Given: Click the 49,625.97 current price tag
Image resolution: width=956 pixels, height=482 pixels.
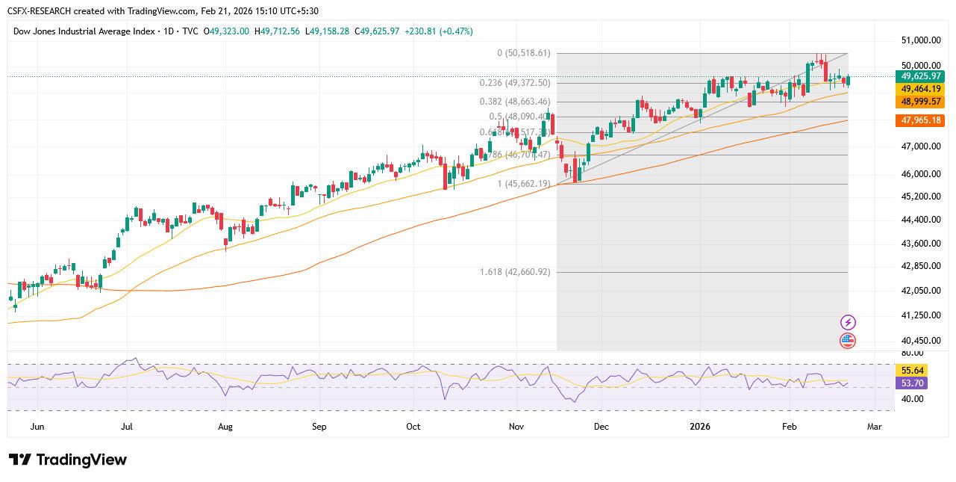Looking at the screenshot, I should click(922, 76).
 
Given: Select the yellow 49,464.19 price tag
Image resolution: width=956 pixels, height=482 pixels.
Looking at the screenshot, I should click(922, 88).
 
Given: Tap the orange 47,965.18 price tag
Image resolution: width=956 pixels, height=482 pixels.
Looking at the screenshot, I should click(922, 120).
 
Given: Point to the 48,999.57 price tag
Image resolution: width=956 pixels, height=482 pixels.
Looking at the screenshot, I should click(922, 101).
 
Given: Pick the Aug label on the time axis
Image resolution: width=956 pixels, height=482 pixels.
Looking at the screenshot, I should click(225, 427).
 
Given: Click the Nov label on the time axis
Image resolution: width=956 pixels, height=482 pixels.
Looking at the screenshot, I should click(516, 427).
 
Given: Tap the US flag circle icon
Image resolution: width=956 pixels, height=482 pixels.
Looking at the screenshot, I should click(848, 341).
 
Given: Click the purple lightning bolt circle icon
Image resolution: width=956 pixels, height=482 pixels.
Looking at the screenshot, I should click(848, 322).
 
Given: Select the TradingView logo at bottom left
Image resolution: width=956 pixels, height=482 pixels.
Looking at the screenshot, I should click(68, 460).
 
